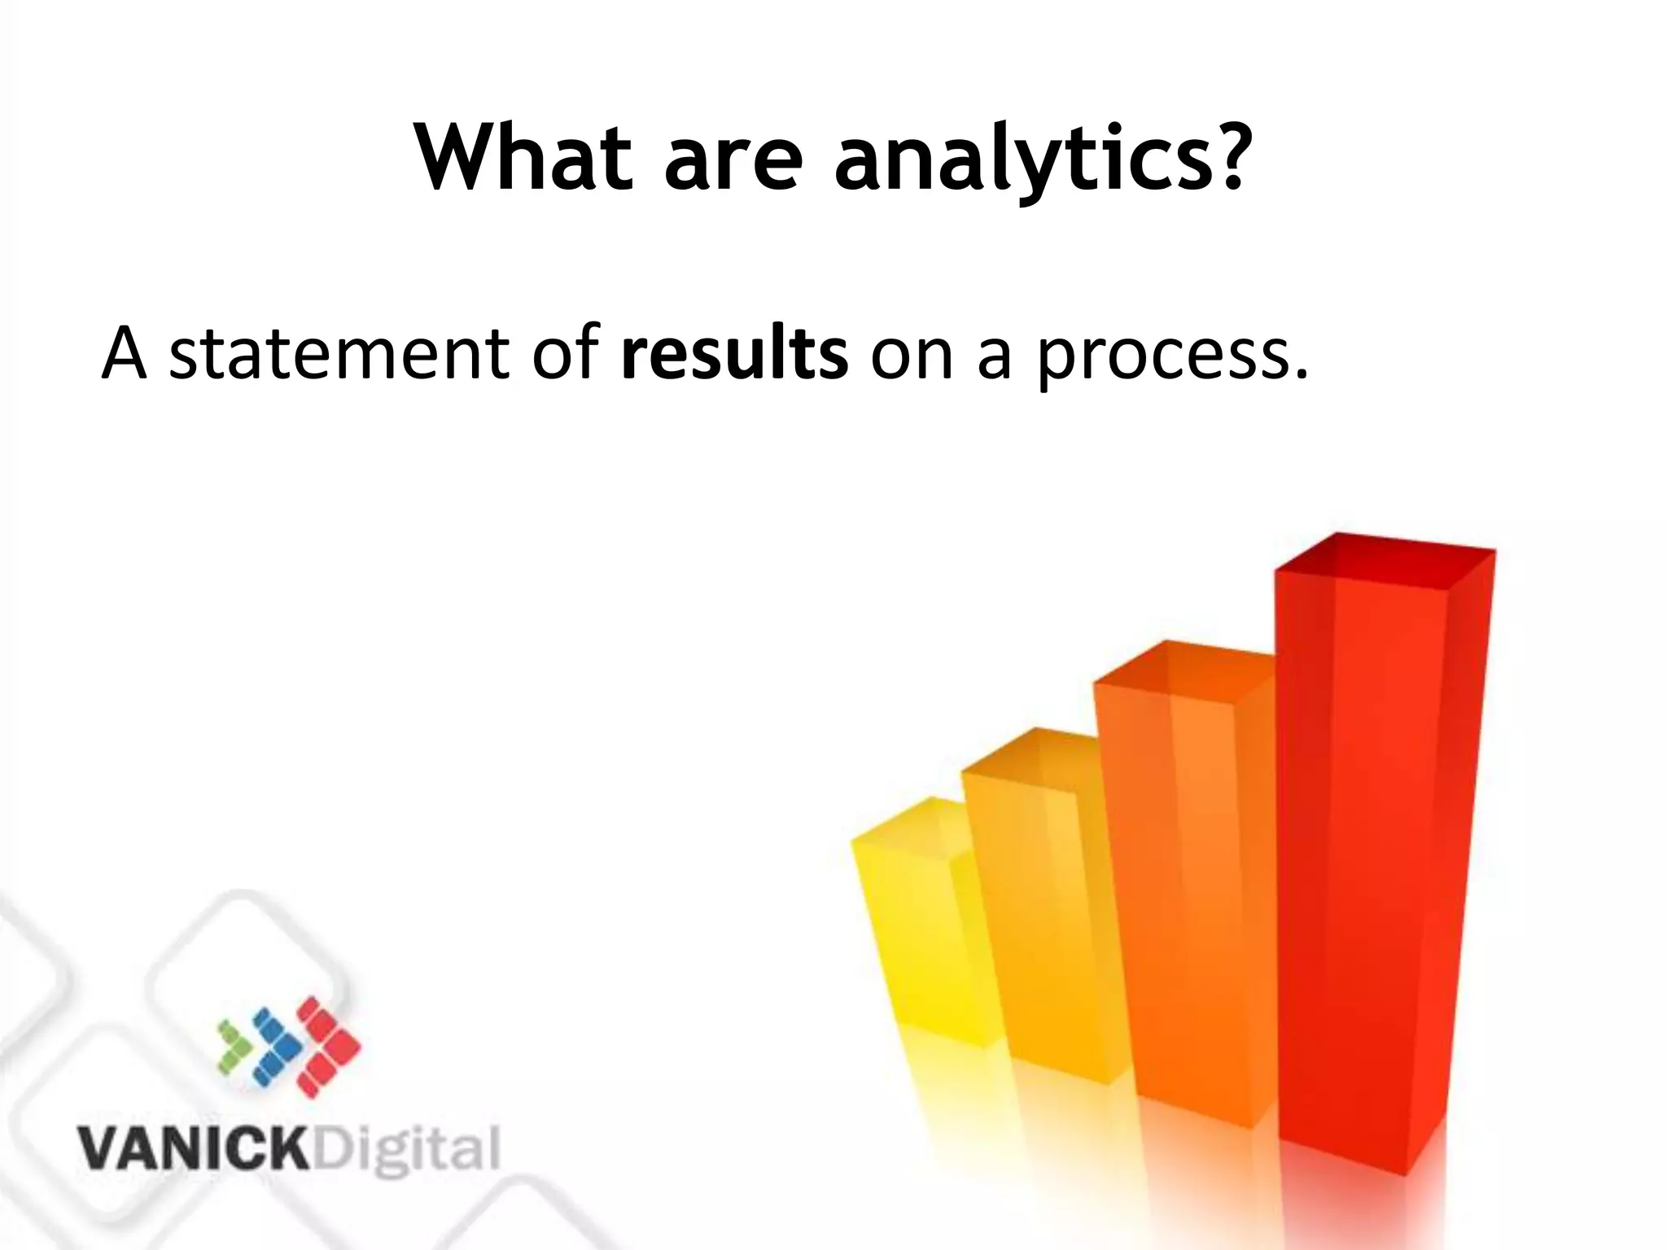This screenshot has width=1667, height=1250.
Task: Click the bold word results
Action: pyautogui.click(x=734, y=353)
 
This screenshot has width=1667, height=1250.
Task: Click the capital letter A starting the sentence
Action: pyautogui.click(x=124, y=353)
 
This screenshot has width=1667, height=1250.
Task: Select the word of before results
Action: pyautogui.click(x=567, y=352)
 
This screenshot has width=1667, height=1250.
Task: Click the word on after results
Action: pyautogui.click(x=912, y=358)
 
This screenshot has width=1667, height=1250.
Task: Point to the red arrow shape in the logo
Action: pyautogui.click(x=326, y=1046)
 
